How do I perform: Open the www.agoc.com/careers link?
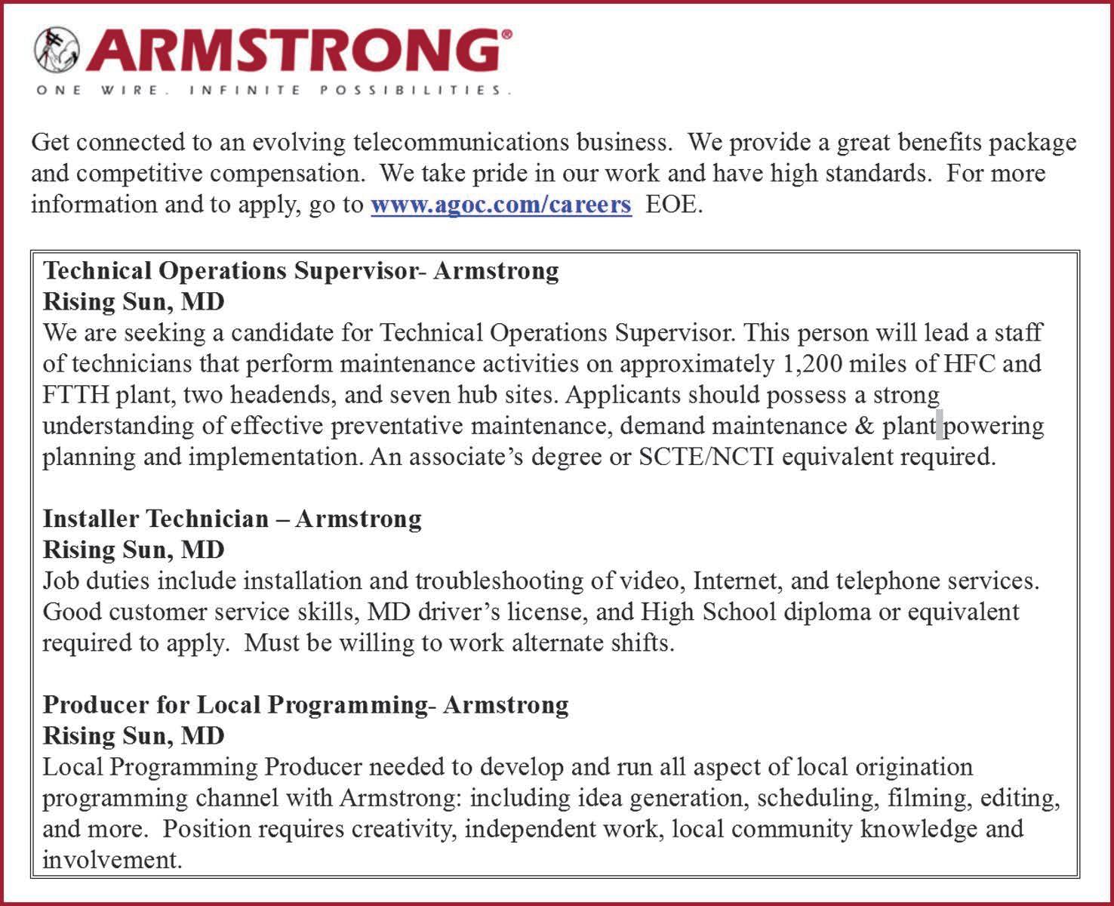(x=500, y=205)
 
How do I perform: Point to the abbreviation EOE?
(x=673, y=205)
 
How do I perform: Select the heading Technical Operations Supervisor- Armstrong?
(x=300, y=270)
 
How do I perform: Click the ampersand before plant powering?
(x=864, y=426)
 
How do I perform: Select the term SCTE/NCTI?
(x=706, y=457)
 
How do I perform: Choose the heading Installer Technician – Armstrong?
(x=232, y=519)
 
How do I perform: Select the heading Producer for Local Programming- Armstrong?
(x=306, y=704)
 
